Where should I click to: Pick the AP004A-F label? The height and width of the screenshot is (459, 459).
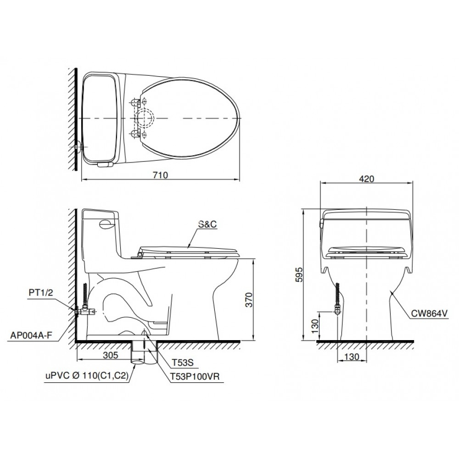click(31, 334)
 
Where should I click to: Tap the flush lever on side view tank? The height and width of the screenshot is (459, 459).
click(106, 224)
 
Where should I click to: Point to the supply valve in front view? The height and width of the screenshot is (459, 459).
click(337, 311)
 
